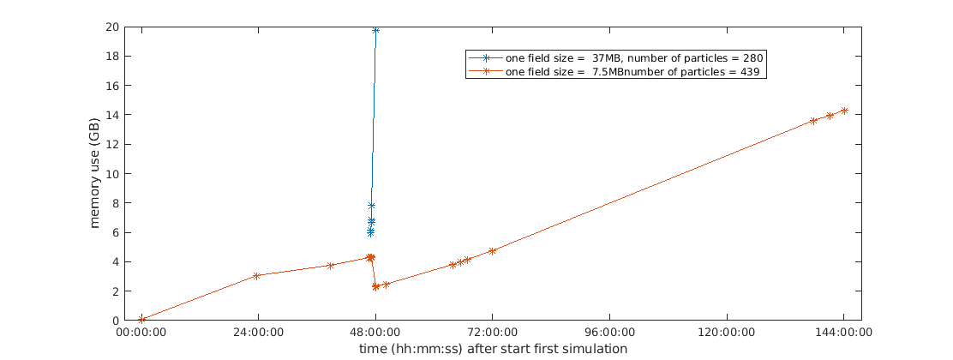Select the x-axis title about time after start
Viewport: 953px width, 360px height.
[493, 349]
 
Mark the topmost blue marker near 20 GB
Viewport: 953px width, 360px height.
[375, 30]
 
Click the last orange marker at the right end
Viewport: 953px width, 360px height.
[844, 111]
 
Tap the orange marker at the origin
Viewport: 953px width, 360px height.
[141, 320]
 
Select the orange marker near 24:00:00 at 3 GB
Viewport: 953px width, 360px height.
[256, 276]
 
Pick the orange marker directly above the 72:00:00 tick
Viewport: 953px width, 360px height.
[492, 251]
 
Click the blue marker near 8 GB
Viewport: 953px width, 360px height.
[371, 206]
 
